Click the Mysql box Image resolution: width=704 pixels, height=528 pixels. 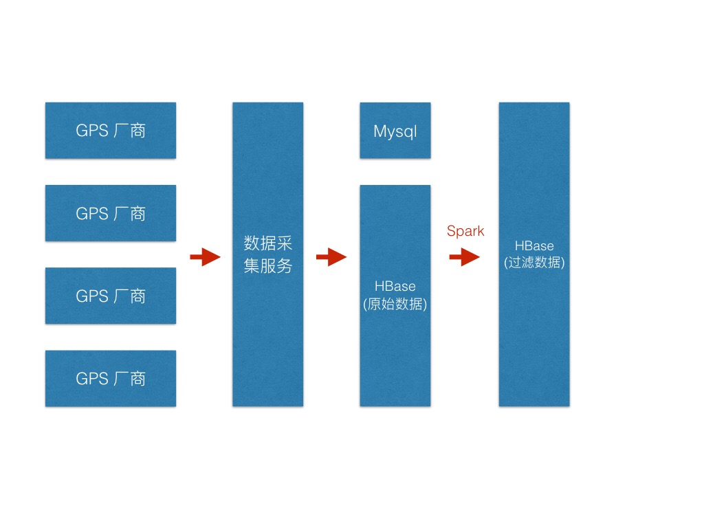pos(395,131)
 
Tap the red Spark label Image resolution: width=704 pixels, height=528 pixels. pos(465,231)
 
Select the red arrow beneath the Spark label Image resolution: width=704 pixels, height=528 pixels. pos(465,258)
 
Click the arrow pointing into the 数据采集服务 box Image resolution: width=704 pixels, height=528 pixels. pos(205,258)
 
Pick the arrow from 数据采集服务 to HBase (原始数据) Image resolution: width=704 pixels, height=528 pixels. pos(331,258)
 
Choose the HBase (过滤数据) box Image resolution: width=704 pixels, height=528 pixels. pos(534,330)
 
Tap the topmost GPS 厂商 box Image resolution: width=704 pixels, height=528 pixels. pos(111,131)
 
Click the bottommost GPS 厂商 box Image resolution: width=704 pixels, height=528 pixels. pos(111,378)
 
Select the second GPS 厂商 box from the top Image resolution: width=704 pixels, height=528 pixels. pos(111,213)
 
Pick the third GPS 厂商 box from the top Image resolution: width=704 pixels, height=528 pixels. pos(111,296)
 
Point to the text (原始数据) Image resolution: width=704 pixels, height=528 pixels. pos(395,304)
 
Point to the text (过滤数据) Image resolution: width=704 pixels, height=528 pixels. pos(534,263)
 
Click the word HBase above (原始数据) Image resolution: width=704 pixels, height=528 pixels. pos(395,286)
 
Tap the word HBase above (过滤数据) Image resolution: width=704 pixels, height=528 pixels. pos(534,245)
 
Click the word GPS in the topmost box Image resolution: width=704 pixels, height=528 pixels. pos(91,131)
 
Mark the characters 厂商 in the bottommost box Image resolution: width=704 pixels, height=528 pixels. pos(129,378)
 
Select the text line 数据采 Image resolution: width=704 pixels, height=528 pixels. pos(268,243)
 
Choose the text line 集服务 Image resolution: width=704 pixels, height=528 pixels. pos(268,266)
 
